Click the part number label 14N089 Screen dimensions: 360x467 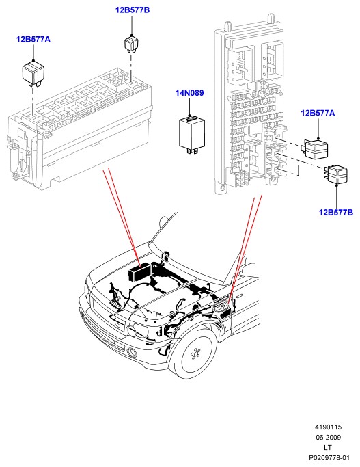[x=189, y=93]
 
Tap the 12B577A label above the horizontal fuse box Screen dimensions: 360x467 [x=33, y=39]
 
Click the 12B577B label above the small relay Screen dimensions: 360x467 [x=133, y=10]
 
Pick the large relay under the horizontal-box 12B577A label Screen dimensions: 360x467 [x=33, y=73]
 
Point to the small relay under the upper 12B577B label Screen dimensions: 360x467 [x=130, y=44]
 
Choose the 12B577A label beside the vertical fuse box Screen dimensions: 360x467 [x=318, y=113]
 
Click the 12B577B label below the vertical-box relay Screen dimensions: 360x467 [x=336, y=213]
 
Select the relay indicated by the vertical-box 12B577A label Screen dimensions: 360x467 [x=316, y=148]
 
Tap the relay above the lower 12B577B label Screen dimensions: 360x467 [x=336, y=174]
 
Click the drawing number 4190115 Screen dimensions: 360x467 [x=328, y=427]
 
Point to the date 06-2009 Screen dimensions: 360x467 [x=328, y=437]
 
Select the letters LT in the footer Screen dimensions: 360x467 [x=328, y=447]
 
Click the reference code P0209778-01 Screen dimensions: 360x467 [x=329, y=457]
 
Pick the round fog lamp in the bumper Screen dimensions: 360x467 [x=131, y=352]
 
